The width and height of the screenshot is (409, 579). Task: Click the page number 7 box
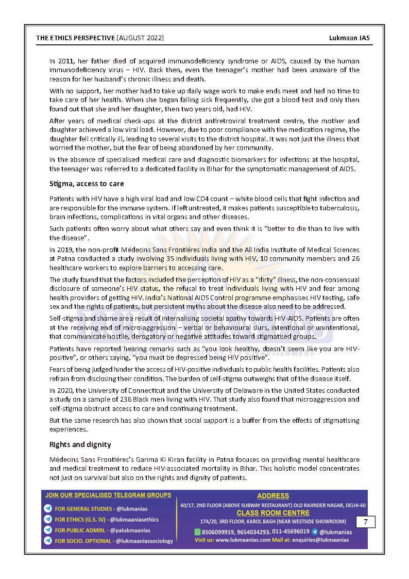tap(365, 522)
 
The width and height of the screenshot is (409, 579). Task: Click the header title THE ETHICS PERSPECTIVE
tap(75, 38)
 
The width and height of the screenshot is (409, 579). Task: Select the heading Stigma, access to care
tap(87, 184)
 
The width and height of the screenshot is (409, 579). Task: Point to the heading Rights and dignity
tap(80, 444)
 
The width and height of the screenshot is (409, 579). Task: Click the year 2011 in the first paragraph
tap(66, 61)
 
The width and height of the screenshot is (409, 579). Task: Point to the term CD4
tap(188, 198)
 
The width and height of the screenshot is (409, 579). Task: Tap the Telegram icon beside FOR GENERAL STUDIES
tap(48, 509)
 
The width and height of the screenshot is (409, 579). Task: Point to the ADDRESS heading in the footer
tap(273, 496)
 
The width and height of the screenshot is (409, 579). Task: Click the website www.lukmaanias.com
tap(243, 540)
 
